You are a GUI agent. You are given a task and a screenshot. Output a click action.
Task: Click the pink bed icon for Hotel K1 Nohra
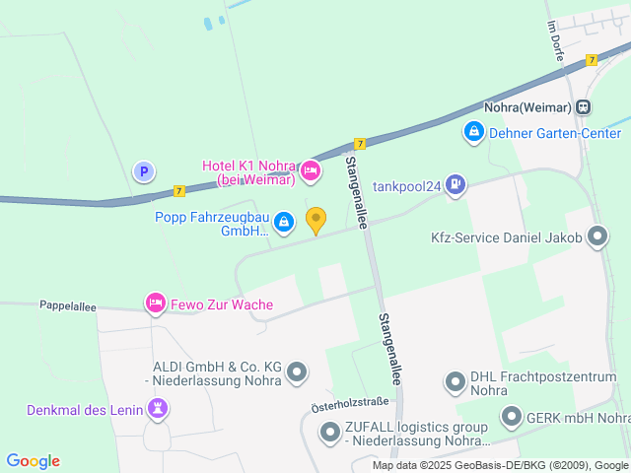pos(311,171)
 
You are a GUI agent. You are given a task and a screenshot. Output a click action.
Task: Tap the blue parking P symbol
pos(144,171)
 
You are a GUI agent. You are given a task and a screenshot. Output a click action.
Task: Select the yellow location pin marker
pos(315,221)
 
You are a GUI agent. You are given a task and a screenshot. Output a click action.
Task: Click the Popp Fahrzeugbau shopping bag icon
pos(284,223)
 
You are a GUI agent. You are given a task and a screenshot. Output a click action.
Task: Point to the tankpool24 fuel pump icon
pos(455,183)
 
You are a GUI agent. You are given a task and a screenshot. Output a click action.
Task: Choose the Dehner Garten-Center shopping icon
pos(473,130)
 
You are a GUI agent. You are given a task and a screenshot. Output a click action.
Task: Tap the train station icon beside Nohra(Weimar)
pos(584,106)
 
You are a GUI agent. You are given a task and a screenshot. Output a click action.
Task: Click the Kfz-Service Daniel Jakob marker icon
pos(596,236)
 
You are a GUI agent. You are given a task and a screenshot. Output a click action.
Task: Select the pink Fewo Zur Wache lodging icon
pos(155,303)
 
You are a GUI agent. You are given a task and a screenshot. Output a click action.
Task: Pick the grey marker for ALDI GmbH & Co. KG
pos(297,372)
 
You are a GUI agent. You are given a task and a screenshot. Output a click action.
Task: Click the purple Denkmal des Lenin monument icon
pos(157,407)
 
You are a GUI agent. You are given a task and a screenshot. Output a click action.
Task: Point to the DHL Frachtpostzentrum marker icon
pos(455,380)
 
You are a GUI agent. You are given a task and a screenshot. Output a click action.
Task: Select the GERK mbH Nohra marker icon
pos(511,417)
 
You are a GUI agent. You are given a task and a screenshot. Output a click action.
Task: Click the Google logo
pos(33,460)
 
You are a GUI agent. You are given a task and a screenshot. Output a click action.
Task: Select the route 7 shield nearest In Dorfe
pos(591,60)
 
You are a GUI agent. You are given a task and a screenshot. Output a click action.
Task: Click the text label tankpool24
pos(406,185)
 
